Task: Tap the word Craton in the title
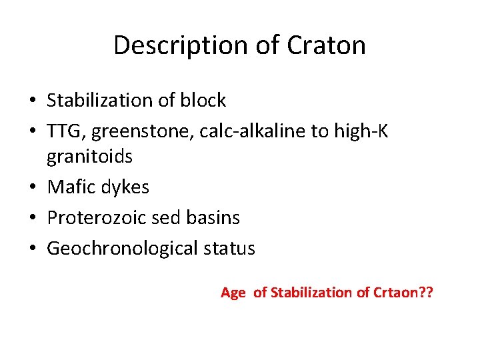pyautogui.click(x=327, y=45)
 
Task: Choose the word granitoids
pyautogui.click(x=89, y=157)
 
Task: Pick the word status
pyautogui.click(x=231, y=249)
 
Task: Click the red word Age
pyautogui.click(x=233, y=293)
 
